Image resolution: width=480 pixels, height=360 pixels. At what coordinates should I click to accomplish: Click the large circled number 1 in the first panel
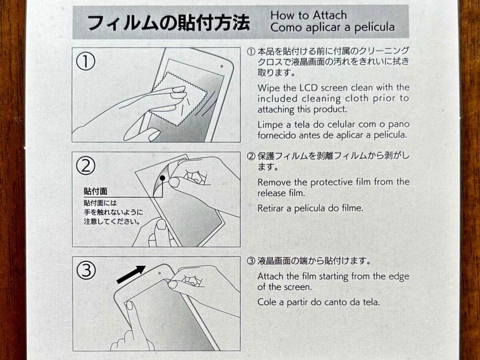[86, 61]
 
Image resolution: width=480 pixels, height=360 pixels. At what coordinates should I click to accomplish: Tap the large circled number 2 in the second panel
[86, 166]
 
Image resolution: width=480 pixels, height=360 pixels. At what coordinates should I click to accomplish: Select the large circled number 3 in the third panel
[86, 270]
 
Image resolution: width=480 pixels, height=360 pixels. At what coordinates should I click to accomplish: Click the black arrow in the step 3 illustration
[131, 275]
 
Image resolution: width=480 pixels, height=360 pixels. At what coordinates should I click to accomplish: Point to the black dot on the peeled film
[162, 178]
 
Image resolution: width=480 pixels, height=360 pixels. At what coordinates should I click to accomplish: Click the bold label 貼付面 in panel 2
[96, 192]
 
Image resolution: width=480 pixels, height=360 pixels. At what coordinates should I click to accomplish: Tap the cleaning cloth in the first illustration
[180, 100]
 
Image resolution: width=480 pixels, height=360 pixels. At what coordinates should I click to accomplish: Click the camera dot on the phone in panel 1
[222, 66]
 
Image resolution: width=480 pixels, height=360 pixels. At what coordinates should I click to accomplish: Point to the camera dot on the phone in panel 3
[160, 273]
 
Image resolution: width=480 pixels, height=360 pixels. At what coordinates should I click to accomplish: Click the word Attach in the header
[330, 15]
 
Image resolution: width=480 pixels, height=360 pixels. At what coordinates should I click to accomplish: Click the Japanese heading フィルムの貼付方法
[168, 23]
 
